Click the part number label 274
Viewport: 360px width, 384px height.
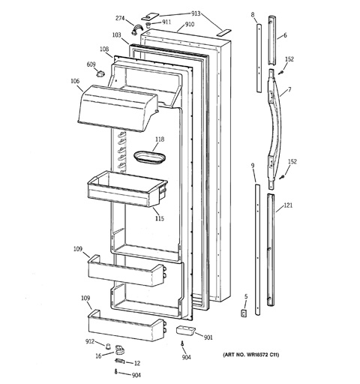tap(120, 18)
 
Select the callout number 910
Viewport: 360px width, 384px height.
tap(190, 25)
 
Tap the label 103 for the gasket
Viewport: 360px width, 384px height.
tap(116, 35)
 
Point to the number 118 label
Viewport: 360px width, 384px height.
tap(160, 139)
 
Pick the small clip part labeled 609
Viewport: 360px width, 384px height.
tap(100, 73)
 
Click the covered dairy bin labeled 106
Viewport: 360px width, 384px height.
tap(118, 107)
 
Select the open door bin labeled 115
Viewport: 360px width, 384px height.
tap(127, 189)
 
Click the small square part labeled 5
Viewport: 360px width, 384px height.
tap(244, 313)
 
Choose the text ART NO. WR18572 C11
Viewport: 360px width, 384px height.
tap(251, 355)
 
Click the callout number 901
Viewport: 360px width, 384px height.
tap(208, 337)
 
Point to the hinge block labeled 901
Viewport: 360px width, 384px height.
tap(186, 330)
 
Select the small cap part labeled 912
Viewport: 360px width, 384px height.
tap(108, 346)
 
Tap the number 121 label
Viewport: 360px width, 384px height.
tap(288, 205)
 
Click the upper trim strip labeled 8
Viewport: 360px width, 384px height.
tap(259, 58)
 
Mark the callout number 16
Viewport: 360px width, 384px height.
tap(99, 355)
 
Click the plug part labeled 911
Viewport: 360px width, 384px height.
tap(148, 25)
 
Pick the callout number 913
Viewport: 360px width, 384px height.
tap(196, 13)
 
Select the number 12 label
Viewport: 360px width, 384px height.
tap(137, 363)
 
